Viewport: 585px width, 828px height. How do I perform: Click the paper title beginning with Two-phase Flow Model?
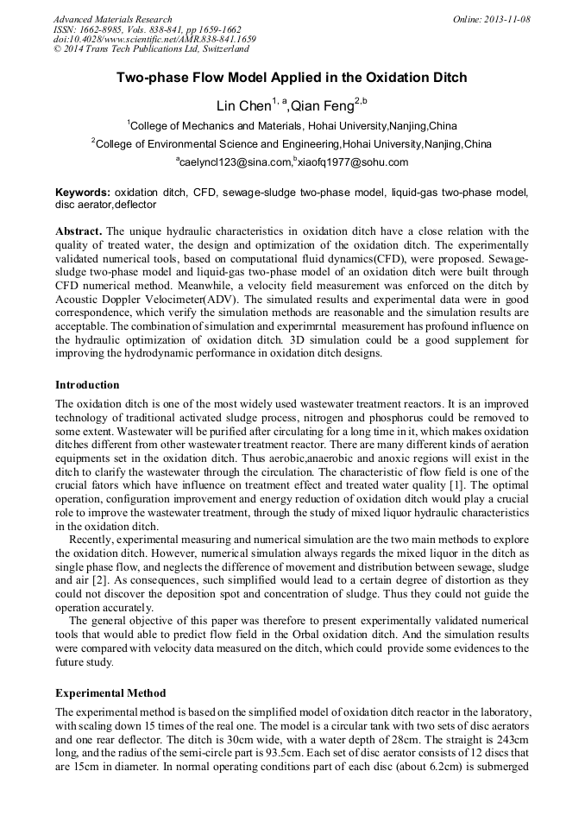tap(292, 78)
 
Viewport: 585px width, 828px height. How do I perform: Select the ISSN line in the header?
tap(147, 29)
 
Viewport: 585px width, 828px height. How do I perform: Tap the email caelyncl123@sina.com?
tap(235, 162)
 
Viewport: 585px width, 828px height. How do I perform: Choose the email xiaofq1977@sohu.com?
tap(353, 162)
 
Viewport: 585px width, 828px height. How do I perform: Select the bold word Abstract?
tap(79, 231)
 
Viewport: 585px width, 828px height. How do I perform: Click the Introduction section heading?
tap(87, 384)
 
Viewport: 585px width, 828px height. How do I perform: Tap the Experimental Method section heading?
tap(110, 693)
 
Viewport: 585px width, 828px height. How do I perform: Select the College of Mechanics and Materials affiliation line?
tap(292, 126)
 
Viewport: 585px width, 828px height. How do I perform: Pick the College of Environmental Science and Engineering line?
tap(292, 144)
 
